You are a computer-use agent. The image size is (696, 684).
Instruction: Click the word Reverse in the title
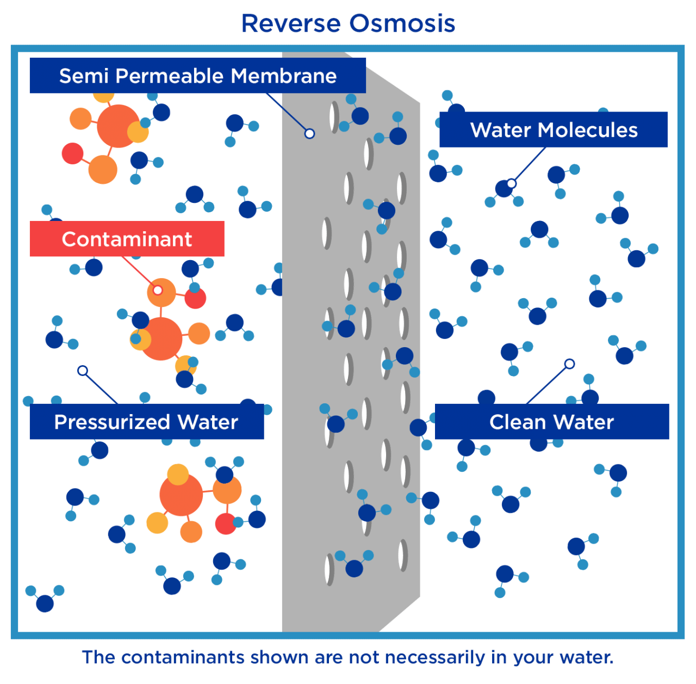click(291, 23)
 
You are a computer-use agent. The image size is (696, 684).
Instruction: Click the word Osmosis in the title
click(402, 23)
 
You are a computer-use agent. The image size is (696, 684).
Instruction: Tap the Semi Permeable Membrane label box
click(197, 76)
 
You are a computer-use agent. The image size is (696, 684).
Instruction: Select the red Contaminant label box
click(127, 239)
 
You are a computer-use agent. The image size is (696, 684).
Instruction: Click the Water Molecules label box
click(554, 130)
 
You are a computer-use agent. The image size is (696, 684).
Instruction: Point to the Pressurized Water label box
click(146, 422)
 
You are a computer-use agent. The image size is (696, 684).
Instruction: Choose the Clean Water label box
click(551, 422)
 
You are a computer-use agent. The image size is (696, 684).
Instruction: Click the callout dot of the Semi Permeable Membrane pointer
click(309, 133)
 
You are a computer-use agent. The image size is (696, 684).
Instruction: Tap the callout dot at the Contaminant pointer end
click(158, 290)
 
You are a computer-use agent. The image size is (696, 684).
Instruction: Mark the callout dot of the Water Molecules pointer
click(511, 183)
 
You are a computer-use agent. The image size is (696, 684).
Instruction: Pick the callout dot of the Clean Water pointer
click(569, 363)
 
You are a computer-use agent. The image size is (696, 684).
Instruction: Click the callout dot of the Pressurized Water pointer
click(83, 371)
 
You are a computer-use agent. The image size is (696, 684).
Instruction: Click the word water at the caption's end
click(587, 657)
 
